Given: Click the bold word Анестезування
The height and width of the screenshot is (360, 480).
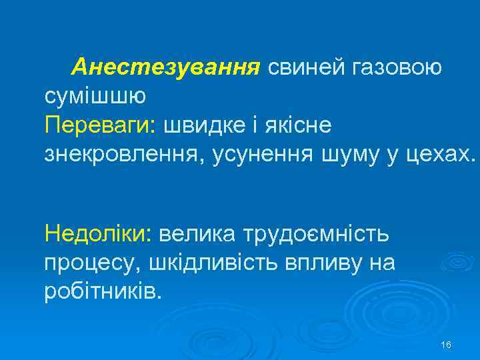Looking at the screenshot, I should click(165, 67).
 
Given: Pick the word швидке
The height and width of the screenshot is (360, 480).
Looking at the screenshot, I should click(211, 125).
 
